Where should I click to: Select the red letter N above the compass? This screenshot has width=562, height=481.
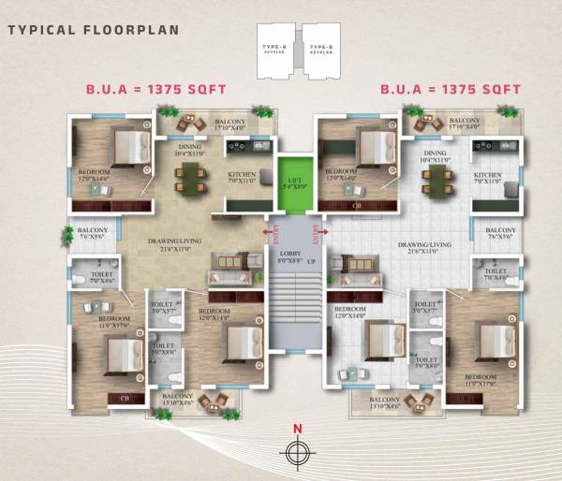coord(297,430)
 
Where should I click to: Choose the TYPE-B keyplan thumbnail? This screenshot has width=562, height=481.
coord(319,47)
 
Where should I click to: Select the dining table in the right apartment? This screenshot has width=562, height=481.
coord(433,182)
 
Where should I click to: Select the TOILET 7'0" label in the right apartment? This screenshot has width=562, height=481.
coord(495,276)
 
